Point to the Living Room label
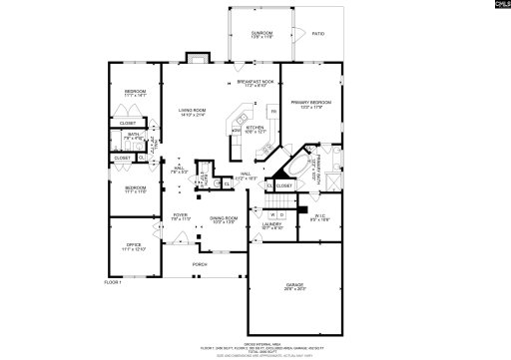(x=192, y=113)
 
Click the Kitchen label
(x=255, y=129)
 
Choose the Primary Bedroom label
(x=310, y=105)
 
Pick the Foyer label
(x=180, y=216)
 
